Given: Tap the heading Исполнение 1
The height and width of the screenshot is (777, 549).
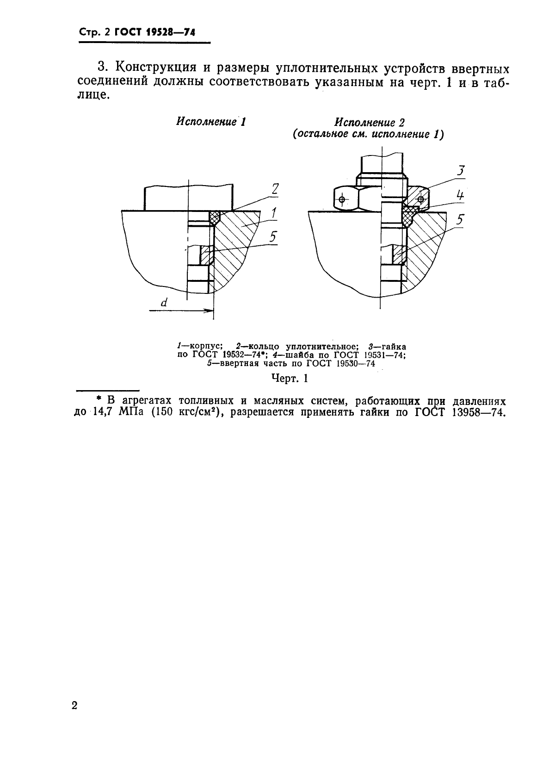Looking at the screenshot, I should [210, 122].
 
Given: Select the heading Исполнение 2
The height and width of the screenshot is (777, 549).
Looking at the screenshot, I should [370, 123].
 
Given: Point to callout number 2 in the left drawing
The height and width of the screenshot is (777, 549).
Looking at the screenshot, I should [275, 189].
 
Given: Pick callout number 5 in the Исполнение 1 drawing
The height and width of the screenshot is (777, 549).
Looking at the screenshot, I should [273, 237].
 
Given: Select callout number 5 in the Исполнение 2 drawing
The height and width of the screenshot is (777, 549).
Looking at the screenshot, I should [460, 219].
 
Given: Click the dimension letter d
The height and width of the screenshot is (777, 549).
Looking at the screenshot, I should [164, 303].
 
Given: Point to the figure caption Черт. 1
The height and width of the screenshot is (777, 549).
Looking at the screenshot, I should [289, 379].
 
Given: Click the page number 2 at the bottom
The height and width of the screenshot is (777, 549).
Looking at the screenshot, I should [75, 705].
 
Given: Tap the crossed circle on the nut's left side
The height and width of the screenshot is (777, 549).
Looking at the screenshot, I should [342, 199].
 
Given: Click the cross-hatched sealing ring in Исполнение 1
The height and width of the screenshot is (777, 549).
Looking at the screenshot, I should [215, 217].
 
